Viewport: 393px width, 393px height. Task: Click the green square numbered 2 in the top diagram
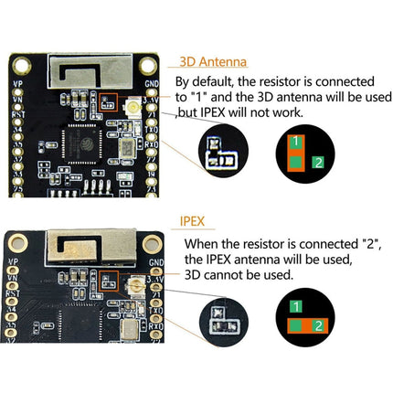click(x=317, y=162)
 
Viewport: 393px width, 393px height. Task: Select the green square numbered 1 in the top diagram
click(x=296, y=142)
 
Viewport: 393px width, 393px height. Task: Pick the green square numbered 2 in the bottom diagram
click(x=317, y=326)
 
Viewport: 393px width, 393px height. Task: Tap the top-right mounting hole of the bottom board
click(x=151, y=242)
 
